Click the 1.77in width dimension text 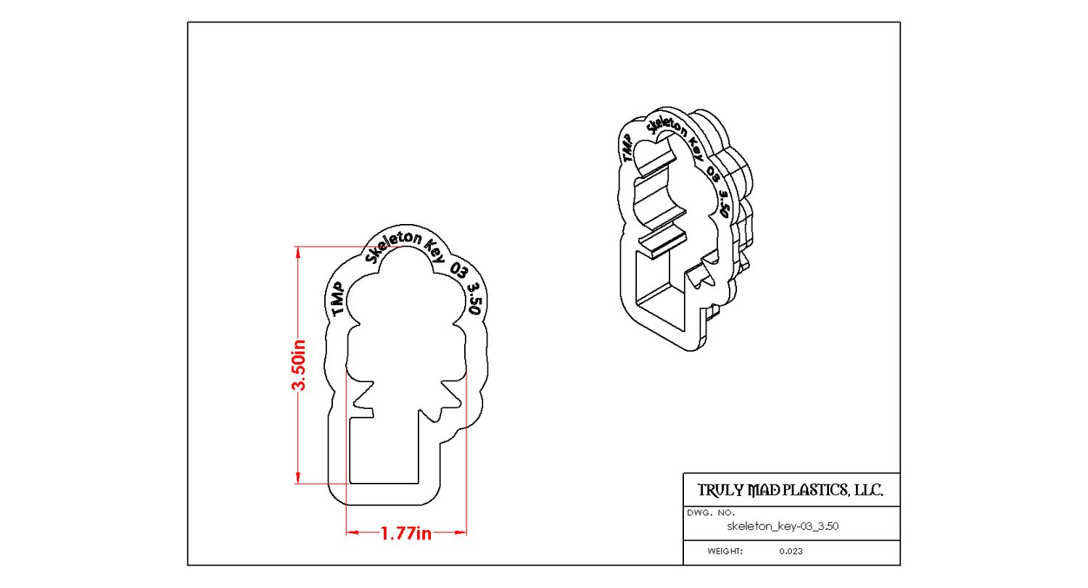(406, 534)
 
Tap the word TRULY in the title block (720, 491)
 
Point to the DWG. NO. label (711, 513)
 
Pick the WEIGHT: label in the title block (725, 551)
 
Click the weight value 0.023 (791, 551)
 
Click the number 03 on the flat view (458, 270)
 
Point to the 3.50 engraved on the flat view (474, 298)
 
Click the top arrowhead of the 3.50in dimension (298, 252)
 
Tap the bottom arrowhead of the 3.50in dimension (298, 479)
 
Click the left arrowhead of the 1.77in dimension (352, 533)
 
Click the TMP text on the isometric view (626, 146)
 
